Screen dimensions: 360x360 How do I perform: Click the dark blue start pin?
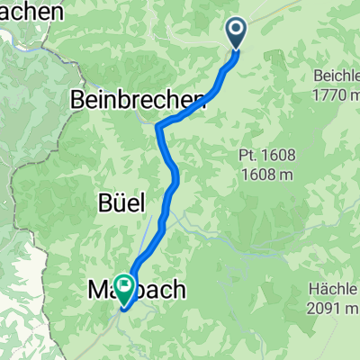[237, 34]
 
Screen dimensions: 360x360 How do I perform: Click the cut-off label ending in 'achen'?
[33, 12]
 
